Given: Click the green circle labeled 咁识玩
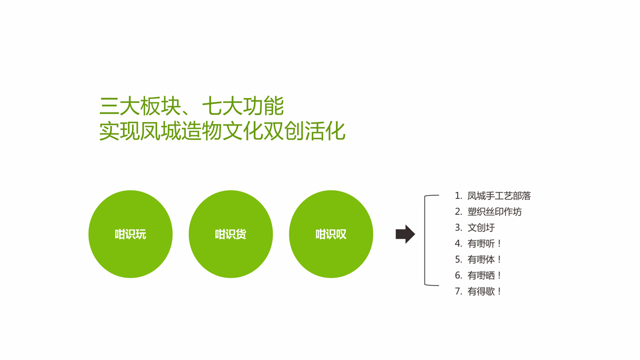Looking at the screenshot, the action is pyautogui.click(x=131, y=234).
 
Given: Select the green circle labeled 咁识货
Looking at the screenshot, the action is pyautogui.click(x=231, y=234).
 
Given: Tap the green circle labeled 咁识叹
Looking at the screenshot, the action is pyautogui.click(x=331, y=234).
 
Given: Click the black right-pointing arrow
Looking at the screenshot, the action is pyautogui.click(x=405, y=234).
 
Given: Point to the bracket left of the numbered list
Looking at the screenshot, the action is pyautogui.click(x=425, y=240).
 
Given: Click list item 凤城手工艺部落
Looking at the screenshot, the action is pyautogui.click(x=499, y=196).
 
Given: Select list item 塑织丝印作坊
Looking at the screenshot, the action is pyautogui.click(x=494, y=212).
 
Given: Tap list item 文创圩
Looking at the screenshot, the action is pyautogui.click(x=481, y=228).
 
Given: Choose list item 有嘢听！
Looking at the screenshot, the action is pyautogui.click(x=485, y=244).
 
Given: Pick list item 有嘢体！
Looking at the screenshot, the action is pyautogui.click(x=485, y=259).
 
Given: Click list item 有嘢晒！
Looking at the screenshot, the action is pyautogui.click(x=485, y=275).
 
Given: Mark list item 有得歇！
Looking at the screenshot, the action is pyautogui.click(x=485, y=291).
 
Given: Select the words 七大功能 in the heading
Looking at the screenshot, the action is pyautogui.click(x=243, y=106).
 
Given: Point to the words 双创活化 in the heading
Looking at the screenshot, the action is pyautogui.click(x=305, y=131).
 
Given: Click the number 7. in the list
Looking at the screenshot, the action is pyautogui.click(x=458, y=291).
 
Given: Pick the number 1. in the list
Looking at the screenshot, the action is pyautogui.click(x=458, y=196).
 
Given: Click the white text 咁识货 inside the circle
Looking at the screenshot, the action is pyautogui.click(x=230, y=234).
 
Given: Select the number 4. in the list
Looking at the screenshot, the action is pyautogui.click(x=458, y=244).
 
